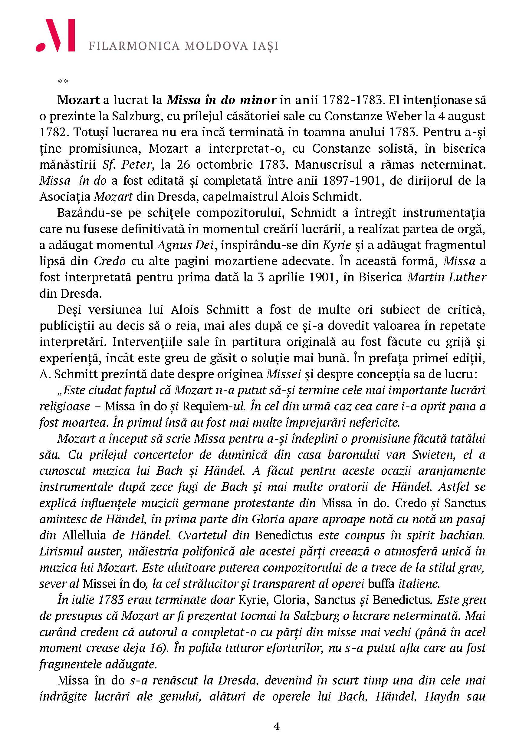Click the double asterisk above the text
click(x=63, y=81)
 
